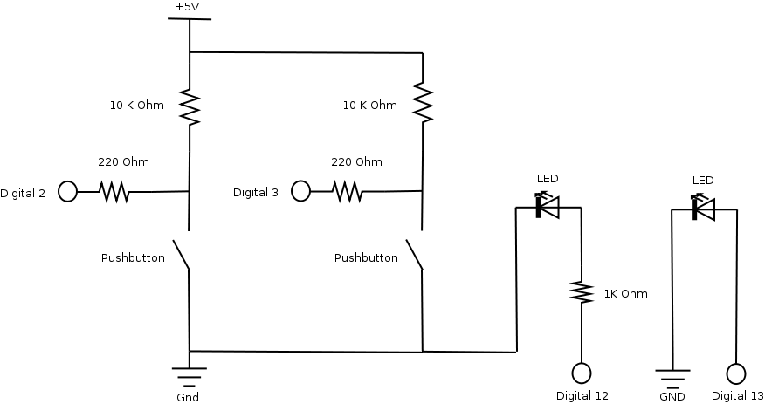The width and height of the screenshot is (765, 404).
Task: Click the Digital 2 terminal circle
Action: coord(67,191)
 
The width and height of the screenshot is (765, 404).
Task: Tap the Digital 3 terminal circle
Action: coord(300,191)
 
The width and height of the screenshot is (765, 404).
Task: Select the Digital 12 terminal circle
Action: coord(582,373)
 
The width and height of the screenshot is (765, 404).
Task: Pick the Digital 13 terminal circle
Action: coord(736,373)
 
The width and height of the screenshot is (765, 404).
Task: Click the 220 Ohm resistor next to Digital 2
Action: coord(114,191)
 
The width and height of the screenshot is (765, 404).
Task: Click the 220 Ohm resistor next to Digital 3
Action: coord(348,191)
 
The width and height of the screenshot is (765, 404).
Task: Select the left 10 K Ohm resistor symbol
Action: coord(190,106)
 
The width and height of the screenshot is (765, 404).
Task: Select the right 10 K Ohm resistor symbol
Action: coord(423,103)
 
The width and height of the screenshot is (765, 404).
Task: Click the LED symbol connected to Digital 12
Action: coord(547,208)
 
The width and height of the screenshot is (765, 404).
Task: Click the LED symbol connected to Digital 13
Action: coord(702,209)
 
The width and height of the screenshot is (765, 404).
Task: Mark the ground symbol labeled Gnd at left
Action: coord(190,376)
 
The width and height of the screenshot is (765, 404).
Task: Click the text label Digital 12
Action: coord(582,396)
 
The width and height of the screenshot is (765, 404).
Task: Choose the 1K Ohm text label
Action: coord(625,294)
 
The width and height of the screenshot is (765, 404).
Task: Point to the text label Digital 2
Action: coord(23,193)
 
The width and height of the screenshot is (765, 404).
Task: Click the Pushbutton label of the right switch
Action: coord(366,258)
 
